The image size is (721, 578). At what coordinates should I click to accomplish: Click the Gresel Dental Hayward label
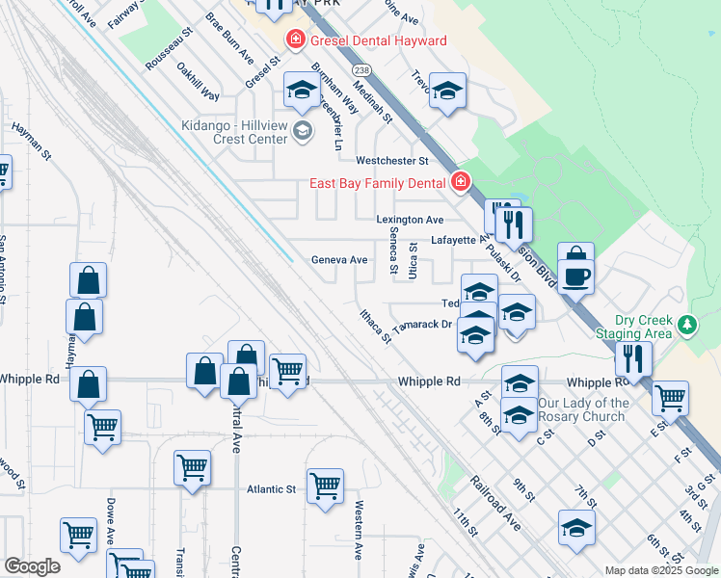[x=377, y=40]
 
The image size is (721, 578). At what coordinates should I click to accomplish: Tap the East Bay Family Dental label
[x=378, y=184]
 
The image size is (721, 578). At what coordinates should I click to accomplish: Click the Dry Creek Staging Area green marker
[x=686, y=325]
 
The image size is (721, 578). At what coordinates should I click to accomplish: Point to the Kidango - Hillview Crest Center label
[x=236, y=132]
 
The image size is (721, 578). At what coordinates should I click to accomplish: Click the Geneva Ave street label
[x=339, y=260]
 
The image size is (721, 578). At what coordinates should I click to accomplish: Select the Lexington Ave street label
[x=410, y=220]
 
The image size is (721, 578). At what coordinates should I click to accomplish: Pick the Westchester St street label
[x=391, y=160]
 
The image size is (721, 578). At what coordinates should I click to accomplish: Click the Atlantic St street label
[x=270, y=489]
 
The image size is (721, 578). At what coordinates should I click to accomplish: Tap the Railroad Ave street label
[x=495, y=502]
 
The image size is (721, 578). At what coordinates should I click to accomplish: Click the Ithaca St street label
[x=374, y=326]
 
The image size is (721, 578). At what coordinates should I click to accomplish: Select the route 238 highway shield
[x=360, y=71]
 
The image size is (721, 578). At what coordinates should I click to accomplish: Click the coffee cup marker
[x=576, y=276]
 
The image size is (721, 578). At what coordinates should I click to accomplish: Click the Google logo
[x=32, y=566]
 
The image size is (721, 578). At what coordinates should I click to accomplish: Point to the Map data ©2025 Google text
[x=660, y=570]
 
